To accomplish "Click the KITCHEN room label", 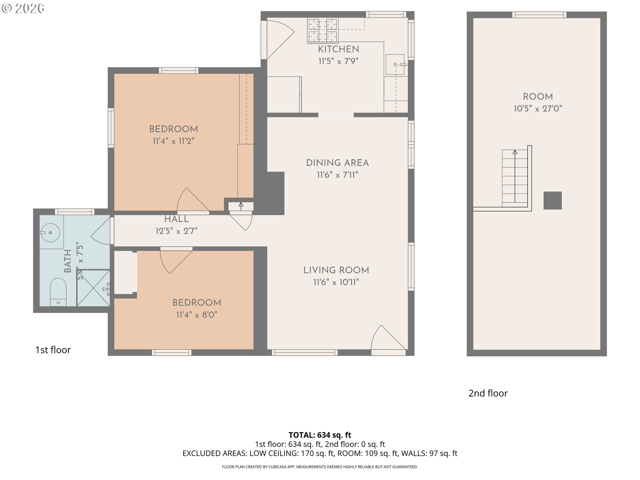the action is tap(338, 49).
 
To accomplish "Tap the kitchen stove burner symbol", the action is tap(323, 30).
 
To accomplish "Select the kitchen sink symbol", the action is tap(395, 64).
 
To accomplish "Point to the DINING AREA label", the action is tap(337, 163).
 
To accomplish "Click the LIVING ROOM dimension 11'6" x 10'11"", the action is tap(336, 282).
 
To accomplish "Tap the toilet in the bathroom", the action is tap(58, 292).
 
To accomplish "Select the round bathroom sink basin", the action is tap(50, 232).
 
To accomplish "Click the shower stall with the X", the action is tap(93, 288).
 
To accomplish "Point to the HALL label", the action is tap(177, 219).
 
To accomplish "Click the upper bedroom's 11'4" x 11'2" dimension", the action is tap(173, 141).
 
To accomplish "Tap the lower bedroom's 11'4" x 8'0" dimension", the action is tap(197, 315).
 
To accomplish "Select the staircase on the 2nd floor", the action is tap(515, 176).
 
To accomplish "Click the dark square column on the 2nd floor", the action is tap(553, 200).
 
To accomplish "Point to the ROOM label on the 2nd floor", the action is tap(538, 96).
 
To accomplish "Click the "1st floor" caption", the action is tap(53, 350).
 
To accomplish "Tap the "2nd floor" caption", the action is tap(488, 393).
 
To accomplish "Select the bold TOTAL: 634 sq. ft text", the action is tap(320, 435).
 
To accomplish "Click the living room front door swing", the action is tap(388, 337).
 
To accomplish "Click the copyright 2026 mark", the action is tap(23, 8).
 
